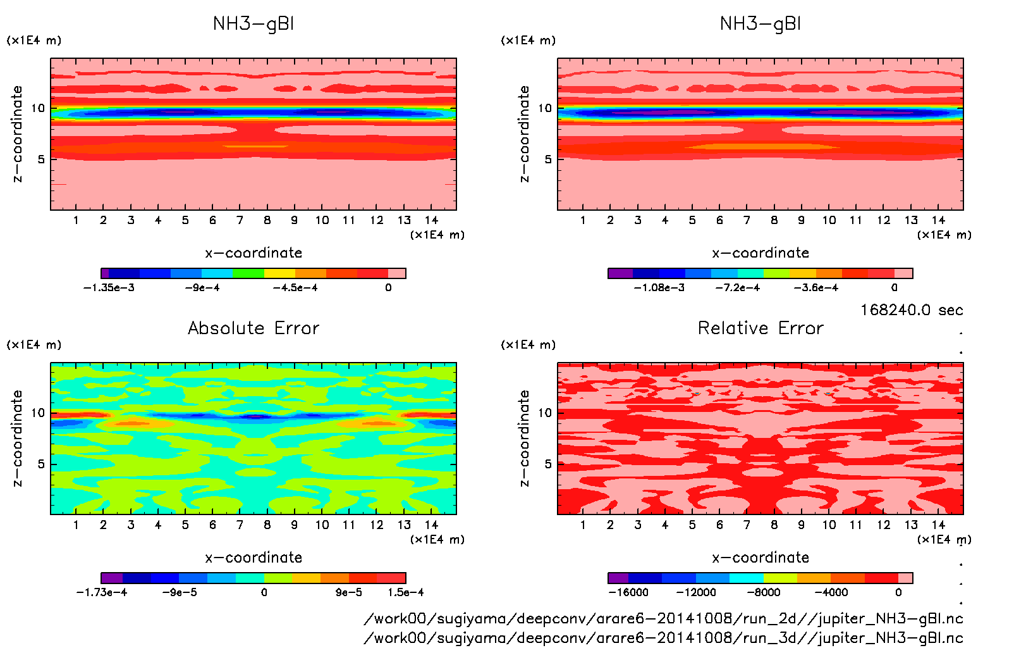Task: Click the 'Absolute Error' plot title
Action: tap(253, 328)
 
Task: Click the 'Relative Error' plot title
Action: tap(760, 328)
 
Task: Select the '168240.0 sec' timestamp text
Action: tap(912, 310)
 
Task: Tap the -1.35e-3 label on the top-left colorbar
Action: tap(109, 288)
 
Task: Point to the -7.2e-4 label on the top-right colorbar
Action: tap(738, 288)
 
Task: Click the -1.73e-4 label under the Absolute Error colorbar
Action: tap(101, 593)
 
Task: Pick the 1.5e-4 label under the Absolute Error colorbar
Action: tap(406, 593)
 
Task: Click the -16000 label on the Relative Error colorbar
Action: tap(628, 593)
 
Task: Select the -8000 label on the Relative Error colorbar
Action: tap(763, 593)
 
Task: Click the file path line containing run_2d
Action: tap(663, 618)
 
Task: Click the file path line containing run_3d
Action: tap(663, 638)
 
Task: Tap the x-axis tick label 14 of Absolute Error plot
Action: tap(431, 525)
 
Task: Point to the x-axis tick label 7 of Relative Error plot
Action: tap(747, 525)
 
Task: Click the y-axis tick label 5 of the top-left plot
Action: tap(41, 159)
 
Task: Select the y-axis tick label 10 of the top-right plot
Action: tap(545, 108)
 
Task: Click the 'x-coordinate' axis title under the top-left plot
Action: tap(253, 253)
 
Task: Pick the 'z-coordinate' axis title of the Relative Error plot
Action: tap(524, 438)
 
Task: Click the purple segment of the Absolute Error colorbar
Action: tap(112, 578)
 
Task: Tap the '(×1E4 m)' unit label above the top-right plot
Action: tap(528, 41)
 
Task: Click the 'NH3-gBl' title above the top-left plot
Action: tap(253, 24)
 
